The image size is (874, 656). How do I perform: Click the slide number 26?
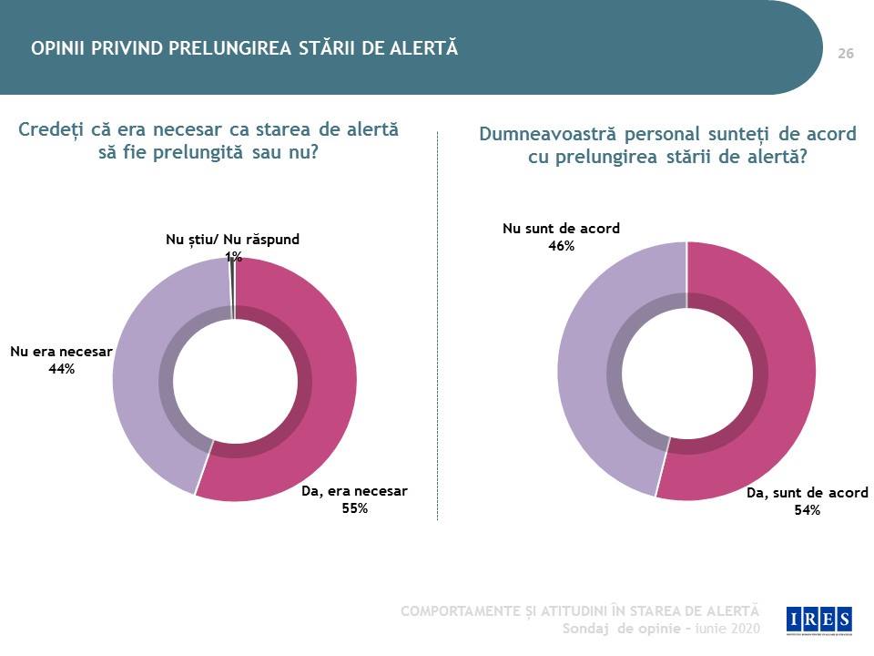click(x=846, y=54)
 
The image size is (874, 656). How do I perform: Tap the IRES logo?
click(x=819, y=620)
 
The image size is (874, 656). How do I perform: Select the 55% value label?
click(x=355, y=508)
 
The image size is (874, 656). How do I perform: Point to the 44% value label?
click(x=61, y=369)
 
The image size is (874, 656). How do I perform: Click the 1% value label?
click(x=234, y=257)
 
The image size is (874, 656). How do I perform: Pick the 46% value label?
click(x=562, y=246)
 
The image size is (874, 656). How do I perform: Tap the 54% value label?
click(x=808, y=510)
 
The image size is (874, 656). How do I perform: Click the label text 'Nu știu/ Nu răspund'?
click(x=232, y=240)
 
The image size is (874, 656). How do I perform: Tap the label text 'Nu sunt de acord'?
click(x=562, y=228)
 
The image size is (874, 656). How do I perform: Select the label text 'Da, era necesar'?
click(x=354, y=491)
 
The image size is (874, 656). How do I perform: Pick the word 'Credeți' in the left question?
click(x=51, y=129)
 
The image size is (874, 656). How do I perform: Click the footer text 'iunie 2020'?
click(x=728, y=629)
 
